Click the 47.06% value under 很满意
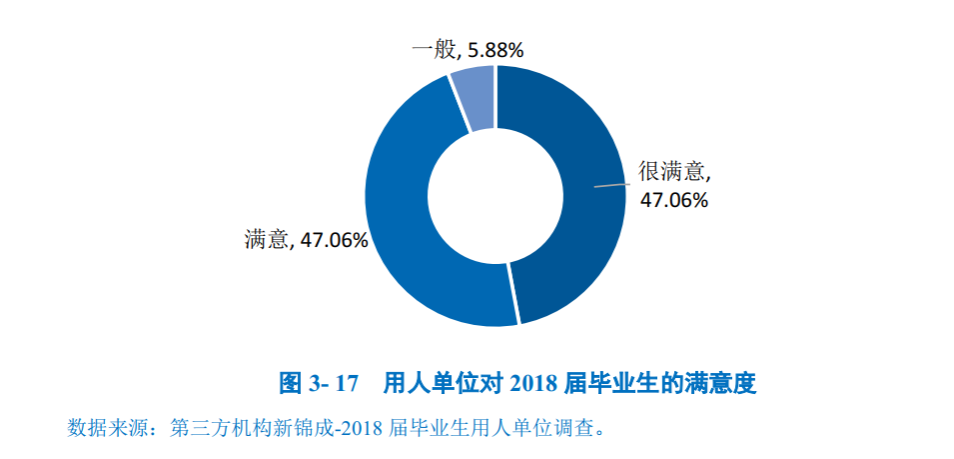(x=674, y=200)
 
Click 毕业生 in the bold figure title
(x=626, y=383)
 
